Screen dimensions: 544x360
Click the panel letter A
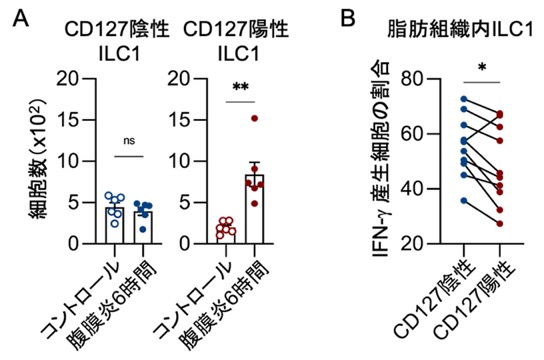(20, 19)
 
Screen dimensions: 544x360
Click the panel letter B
(348, 18)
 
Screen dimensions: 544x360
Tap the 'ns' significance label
(129, 141)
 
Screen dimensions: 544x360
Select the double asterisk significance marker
(240, 87)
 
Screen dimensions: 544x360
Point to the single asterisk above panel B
(482, 67)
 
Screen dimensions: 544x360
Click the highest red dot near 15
(255, 119)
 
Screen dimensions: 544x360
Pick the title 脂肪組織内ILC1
(460, 29)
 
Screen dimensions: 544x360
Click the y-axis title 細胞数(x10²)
(39, 159)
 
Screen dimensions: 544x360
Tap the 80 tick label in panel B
(412, 79)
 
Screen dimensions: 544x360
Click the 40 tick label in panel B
(412, 189)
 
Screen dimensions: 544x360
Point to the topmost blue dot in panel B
(464, 99)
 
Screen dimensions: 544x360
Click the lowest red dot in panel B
(500, 224)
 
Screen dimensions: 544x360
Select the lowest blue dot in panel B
(464, 200)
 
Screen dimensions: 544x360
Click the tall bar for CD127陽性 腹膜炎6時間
(255, 209)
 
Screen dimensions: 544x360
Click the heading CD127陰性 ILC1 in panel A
(117, 42)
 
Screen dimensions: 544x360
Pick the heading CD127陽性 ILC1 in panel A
(237, 42)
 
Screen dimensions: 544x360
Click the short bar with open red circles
(226, 235)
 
